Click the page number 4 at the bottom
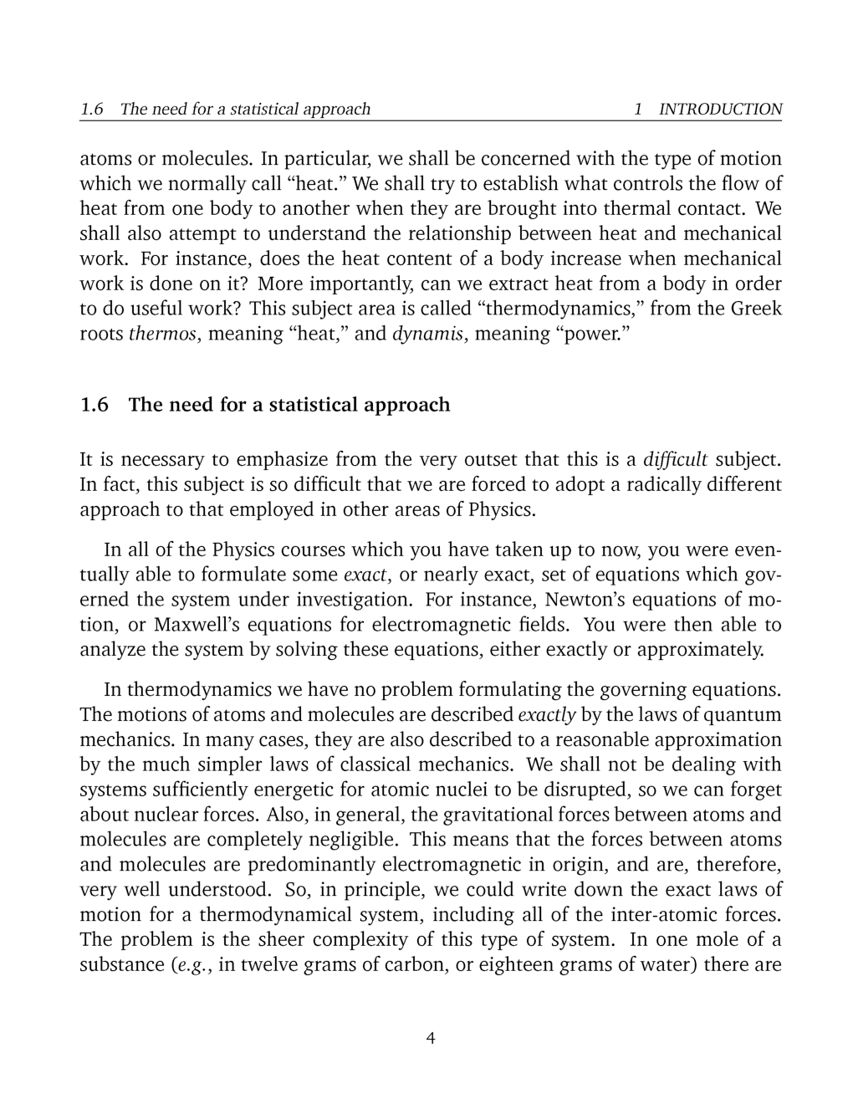[431, 1039]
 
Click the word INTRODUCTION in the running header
[720, 109]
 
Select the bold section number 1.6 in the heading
[94, 406]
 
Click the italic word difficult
[675, 459]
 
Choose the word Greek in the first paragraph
[756, 309]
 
